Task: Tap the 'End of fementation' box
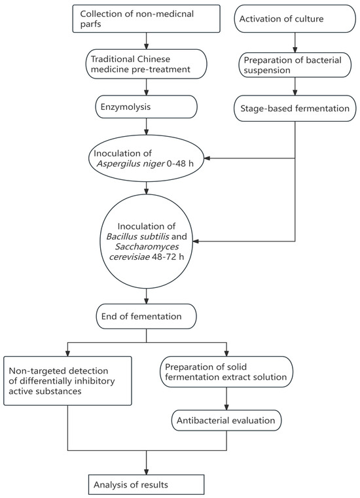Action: click(145, 317)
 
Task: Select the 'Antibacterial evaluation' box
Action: click(226, 420)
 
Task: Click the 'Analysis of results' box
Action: click(145, 484)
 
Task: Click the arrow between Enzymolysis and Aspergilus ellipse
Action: click(145, 127)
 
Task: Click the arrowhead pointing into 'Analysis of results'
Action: click(145, 470)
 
